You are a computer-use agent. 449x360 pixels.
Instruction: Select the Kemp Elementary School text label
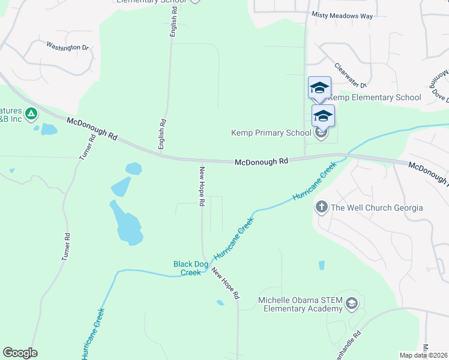pyautogui.click(x=376, y=97)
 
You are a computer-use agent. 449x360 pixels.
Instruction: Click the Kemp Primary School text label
pyautogui.click(x=271, y=133)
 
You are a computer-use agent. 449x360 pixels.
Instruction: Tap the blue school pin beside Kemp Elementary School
pyautogui.click(x=319, y=88)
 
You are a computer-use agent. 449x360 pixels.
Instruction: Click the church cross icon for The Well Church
pyautogui.click(x=321, y=208)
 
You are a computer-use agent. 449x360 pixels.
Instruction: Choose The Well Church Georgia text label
pyautogui.click(x=377, y=208)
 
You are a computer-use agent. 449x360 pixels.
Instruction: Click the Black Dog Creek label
pyautogui.click(x=187, y=268)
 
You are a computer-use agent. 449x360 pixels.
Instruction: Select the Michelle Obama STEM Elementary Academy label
pyautogui.click(x=300, y=304)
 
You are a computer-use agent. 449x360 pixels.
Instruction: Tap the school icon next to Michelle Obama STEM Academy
pyautogui.click(x=351, y=304)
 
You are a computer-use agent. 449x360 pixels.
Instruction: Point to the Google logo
pyautogui.click(x=20, y=353)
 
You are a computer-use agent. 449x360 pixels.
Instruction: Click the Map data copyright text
pyautogui.click(x=424, y=355)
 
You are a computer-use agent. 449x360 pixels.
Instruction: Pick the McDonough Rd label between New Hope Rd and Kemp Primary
pyautogui.click(x=261, y=161)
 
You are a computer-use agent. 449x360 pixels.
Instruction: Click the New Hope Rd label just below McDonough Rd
pyautogui.click(x=202, y=186)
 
